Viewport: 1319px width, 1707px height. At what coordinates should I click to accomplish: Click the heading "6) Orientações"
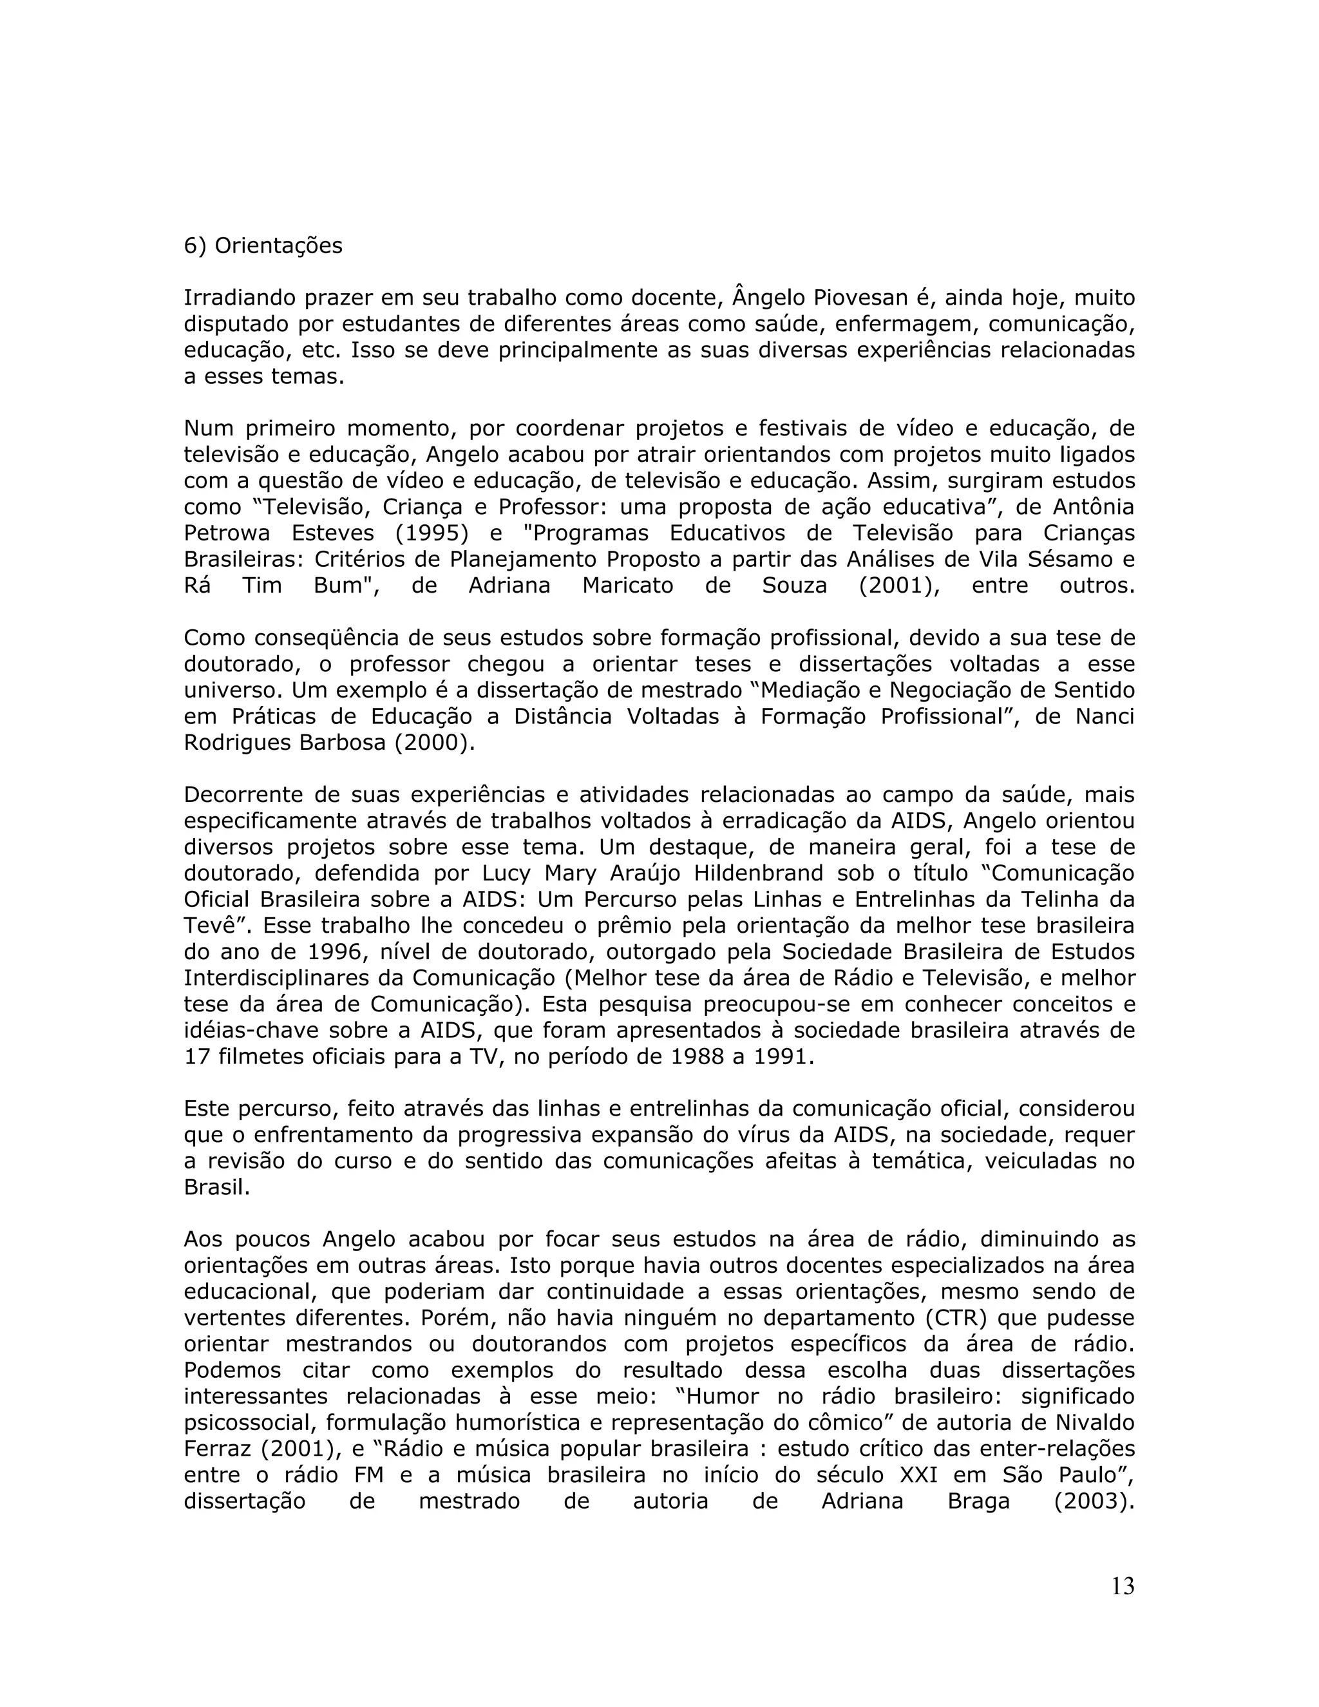263,246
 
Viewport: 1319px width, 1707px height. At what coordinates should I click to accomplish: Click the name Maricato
627,586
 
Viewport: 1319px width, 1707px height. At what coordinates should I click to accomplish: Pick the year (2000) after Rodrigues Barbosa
433,743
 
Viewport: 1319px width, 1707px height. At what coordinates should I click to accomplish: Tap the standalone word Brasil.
216,1187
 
